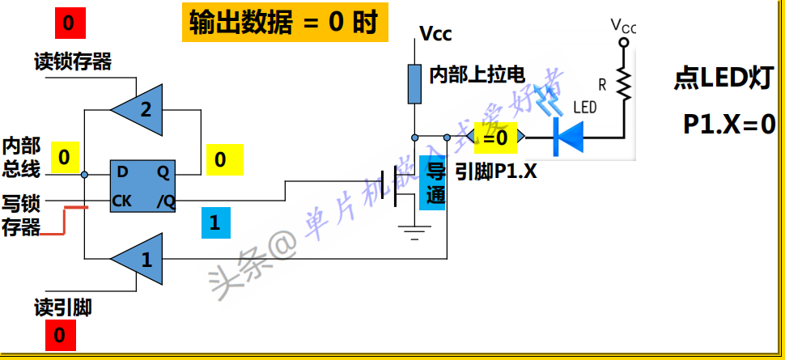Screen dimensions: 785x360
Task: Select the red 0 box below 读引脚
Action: tap(60, 334)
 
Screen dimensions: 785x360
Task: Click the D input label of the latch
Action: tap(122, 172)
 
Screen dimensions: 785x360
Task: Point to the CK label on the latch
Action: tap(122, 200)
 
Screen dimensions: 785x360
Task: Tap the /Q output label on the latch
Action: tap(165, 201)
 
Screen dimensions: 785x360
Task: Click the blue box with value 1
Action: tap(214, 222)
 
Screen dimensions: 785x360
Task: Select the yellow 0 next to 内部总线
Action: tap(65, 156)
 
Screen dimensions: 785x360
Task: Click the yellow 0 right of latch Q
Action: tap(220, 160)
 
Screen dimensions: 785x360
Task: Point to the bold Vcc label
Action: tap(435, 34)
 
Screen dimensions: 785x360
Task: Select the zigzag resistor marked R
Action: tap(623, 82)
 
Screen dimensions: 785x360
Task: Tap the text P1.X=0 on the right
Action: tap(729, 124)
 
